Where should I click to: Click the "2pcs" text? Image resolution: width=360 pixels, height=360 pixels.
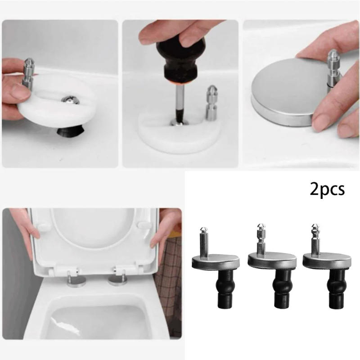[327, 189]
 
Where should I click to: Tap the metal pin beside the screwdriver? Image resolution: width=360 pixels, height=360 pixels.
[211, 102]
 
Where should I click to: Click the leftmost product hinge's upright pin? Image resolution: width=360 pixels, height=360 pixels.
[203, 241]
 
